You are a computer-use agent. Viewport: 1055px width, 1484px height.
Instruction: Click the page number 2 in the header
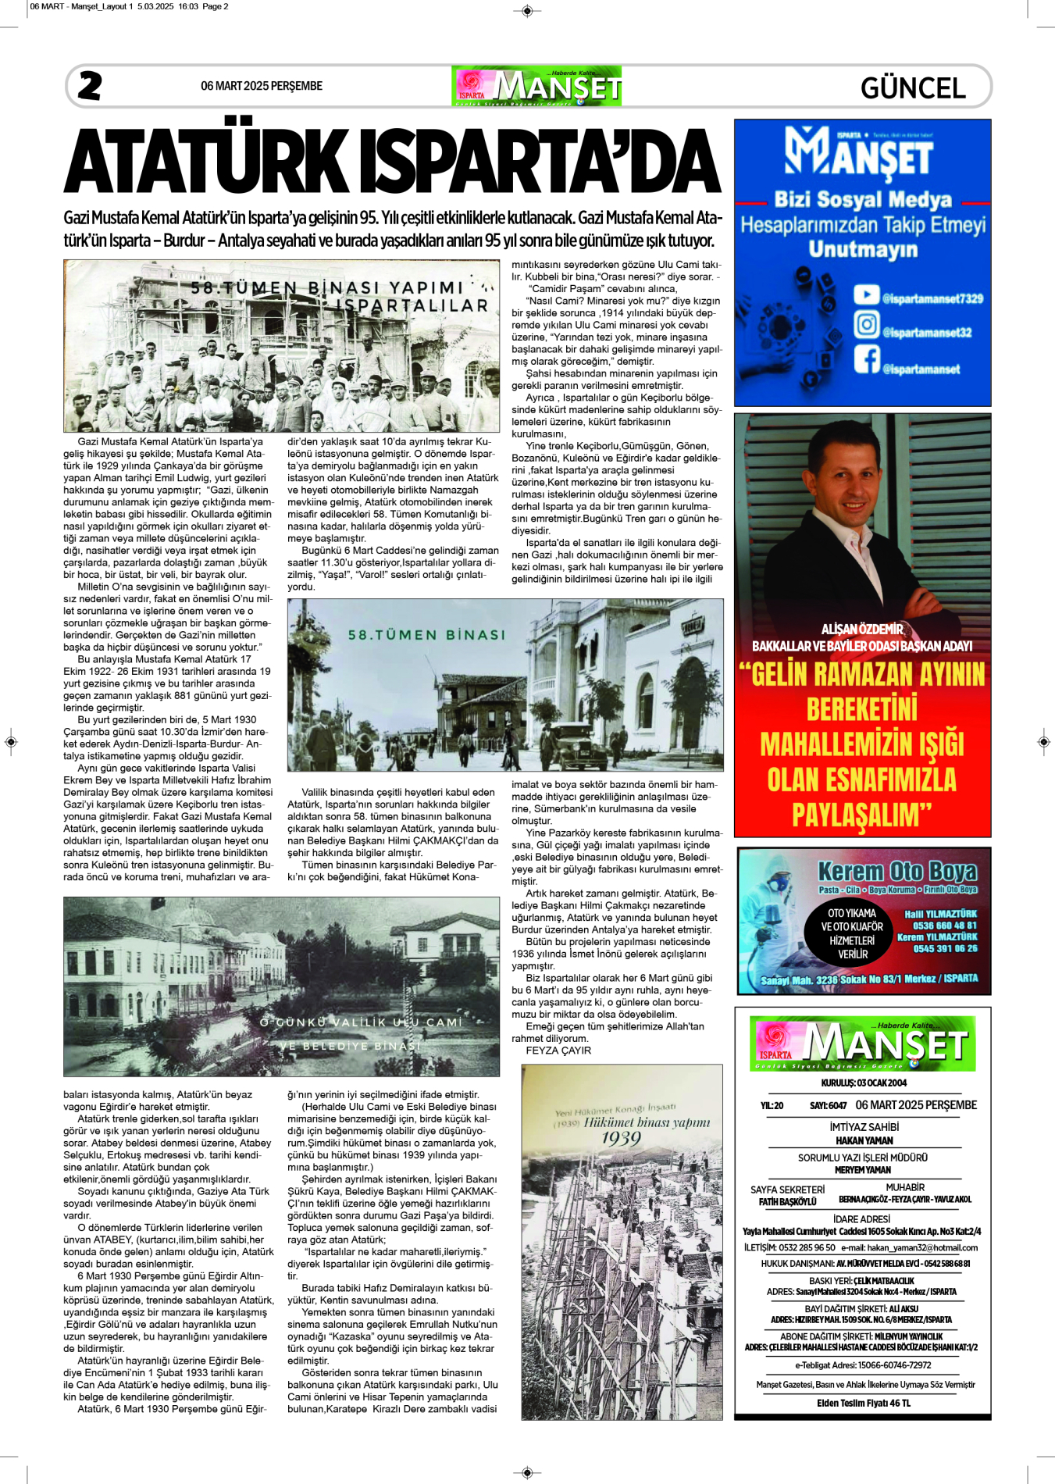(x=90, y=86)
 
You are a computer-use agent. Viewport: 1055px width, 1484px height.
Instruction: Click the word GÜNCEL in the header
(x=913, y=88)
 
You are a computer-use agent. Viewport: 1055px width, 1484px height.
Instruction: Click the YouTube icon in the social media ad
(x=866, y=294)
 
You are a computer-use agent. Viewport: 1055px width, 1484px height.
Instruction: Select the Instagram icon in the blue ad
(x=866, y=324)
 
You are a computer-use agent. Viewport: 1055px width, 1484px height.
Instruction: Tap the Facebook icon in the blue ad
(x=866, y=359)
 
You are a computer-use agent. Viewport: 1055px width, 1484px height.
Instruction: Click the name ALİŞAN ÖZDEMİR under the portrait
(x=862, y=630)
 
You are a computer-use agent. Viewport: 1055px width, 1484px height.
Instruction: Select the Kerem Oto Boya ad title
(x=896, y=871)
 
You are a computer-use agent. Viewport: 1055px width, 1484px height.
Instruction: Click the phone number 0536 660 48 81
(x=945, y=926)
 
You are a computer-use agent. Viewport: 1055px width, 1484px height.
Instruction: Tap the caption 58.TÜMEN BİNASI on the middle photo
(x=426, y=635)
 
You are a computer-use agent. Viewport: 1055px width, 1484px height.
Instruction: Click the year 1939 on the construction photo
(x=621, y=1138)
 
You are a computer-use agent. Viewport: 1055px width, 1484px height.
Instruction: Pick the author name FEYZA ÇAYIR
(x=558, y=1051)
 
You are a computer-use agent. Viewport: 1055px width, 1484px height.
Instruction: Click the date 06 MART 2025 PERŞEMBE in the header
(x=261, y=86)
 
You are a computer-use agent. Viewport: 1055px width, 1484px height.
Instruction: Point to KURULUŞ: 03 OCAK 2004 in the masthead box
(x=863, y=1083)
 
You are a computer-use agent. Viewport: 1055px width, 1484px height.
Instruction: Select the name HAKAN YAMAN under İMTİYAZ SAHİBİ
(x=863, y=1140)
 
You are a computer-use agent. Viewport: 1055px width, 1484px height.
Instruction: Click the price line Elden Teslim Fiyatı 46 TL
(x=863, y=1403)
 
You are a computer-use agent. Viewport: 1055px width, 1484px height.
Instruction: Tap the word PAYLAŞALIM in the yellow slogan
(x=861, y=815)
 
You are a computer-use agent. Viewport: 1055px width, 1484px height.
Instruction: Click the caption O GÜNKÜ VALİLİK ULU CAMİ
(x=361, y=1022)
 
